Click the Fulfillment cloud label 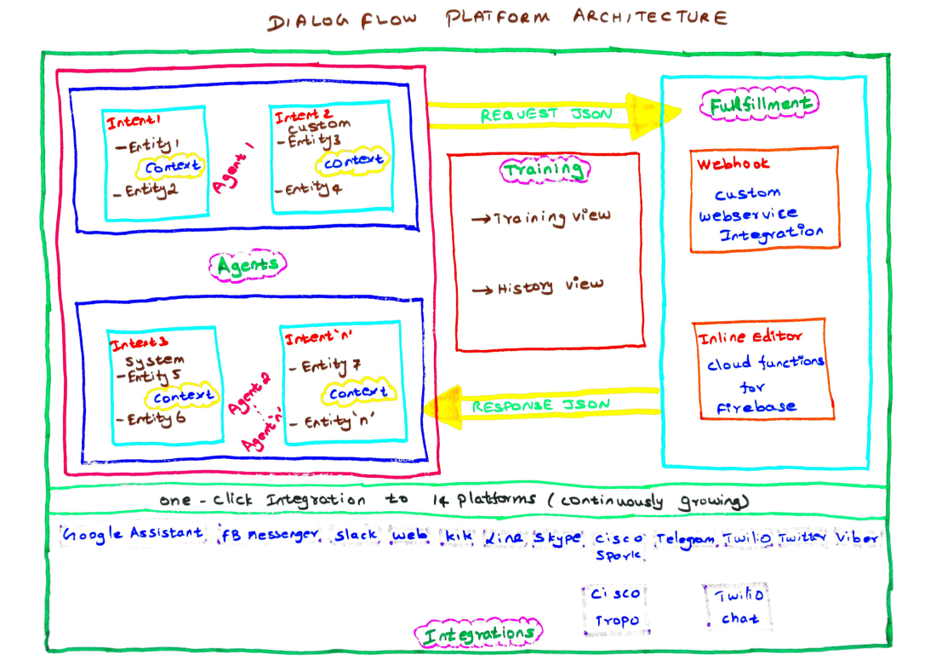759,104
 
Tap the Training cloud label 544,169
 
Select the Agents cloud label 248,266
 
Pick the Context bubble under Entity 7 357,393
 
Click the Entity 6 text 153,419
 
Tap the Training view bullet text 543,217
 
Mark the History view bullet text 539,287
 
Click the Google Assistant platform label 134,534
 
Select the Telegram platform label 686,538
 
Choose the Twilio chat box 739,606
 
